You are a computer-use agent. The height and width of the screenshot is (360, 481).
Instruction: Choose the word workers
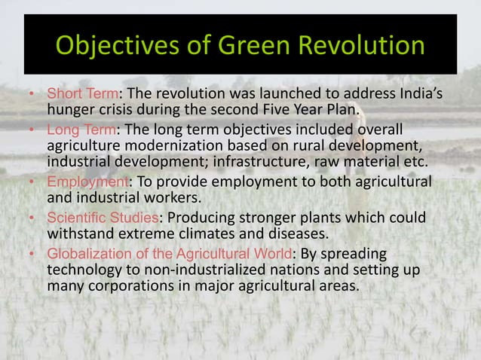pyautogui.click(x=182, y=200)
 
